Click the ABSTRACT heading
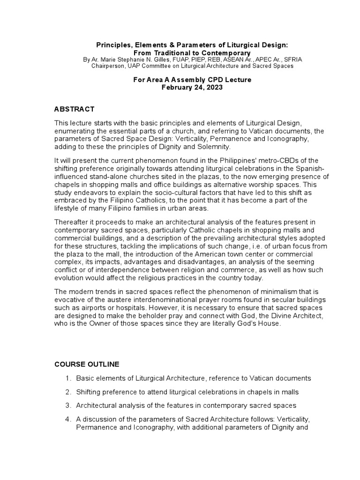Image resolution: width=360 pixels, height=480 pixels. point(75,109)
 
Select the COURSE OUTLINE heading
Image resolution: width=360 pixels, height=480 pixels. point(87,364)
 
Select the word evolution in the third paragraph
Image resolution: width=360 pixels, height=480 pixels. point(70,277)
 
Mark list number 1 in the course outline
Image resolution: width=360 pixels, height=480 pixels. point(67,378)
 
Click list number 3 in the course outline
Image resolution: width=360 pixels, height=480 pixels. point(67,405)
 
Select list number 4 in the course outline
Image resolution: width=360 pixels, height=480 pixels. point(67,419)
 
